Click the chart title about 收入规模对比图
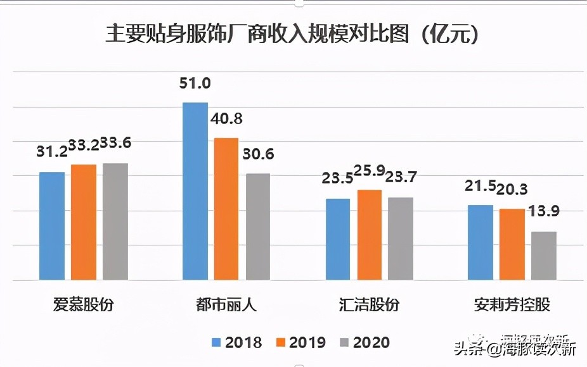point(292,34)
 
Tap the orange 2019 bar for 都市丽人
point(226,209)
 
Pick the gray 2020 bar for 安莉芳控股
point(543,256)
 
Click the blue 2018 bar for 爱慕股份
point(52,226)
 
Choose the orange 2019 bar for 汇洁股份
point(369,235)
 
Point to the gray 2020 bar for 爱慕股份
point(115,221)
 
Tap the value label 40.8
point(226,119)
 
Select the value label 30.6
point(257,155)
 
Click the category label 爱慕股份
point(84,304)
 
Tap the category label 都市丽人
point(226,304)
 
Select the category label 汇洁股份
point(369,304)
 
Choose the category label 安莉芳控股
point(512,304)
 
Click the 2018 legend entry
point(236,343)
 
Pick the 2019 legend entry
point(300,343)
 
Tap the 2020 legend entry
point(364,343)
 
